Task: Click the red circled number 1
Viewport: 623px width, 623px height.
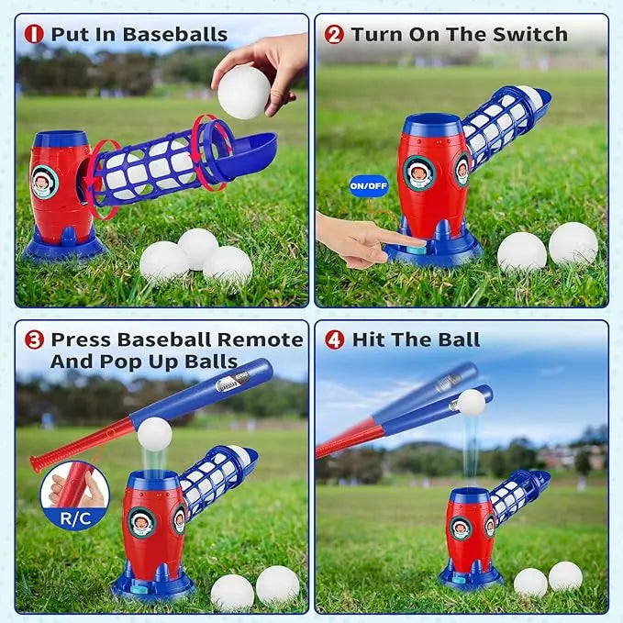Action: pos(34,35)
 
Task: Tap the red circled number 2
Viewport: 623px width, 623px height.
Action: pos(335,35)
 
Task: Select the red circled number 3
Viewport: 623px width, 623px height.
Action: pos(34,339)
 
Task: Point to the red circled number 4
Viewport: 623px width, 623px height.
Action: pos(335,339)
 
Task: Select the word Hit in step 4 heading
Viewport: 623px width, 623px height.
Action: pos(368,339)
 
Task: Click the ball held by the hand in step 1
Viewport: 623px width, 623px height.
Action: pos(244,90)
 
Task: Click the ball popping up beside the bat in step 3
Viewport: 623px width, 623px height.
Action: pos(154,434)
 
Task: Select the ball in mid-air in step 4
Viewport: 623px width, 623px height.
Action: pos(471,403)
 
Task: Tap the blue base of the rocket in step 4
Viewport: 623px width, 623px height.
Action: pos(470,575)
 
